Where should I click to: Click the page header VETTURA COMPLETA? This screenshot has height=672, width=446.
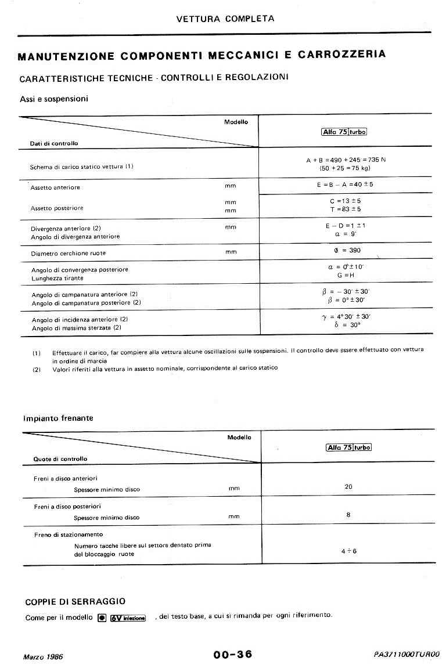(225, 19)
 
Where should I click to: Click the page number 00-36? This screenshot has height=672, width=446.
(233, 654)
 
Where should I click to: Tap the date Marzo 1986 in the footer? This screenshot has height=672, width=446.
(43, 656)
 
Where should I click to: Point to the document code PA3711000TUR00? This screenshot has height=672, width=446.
(407, 654)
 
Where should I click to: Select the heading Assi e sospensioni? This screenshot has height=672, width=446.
(54, 99)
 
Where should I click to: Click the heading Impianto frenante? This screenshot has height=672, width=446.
(58, 418)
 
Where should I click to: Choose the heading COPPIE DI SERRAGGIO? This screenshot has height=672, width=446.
(75, 602)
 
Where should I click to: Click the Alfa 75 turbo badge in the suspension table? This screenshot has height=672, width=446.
(344, 132)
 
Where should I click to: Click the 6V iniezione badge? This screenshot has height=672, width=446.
(128, 617)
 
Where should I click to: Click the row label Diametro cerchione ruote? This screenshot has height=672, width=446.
(69, 254)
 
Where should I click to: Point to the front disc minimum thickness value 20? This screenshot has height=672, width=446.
(348, 487)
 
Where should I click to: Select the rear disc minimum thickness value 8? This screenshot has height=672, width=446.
(348, 515)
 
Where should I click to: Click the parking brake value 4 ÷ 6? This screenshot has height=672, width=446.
(348, 551)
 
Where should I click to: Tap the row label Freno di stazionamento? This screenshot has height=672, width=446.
(68, 534)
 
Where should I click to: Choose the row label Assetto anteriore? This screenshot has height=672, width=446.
(55, 188)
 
